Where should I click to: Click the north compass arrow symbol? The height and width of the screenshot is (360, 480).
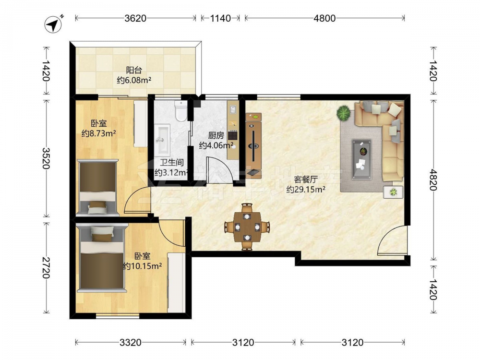pos(53,24)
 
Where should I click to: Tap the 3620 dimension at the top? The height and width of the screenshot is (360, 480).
pos(135,18)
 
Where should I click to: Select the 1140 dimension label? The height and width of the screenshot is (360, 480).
pos(220,18)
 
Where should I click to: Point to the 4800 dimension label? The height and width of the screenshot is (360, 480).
pos(324,18)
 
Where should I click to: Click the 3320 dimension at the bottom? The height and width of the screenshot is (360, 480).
pos(131,342)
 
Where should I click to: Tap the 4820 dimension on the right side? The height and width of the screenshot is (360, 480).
pos(433,180)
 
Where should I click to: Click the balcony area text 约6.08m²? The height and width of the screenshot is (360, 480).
pos(134,80)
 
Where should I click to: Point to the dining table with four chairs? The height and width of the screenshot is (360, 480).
pos(247,227)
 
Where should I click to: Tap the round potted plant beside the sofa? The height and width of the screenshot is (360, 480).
pos(344,113)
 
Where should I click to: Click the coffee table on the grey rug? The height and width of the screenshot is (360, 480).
pos(362,159)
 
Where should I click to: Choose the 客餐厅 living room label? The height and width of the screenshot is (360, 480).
pos(305,180)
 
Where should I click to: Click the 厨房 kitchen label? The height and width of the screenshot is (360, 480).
pos(216,135)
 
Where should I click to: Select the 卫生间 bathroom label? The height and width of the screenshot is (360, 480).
pos(172,162)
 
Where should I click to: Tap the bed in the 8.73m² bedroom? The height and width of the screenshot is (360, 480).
pos(97,187)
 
